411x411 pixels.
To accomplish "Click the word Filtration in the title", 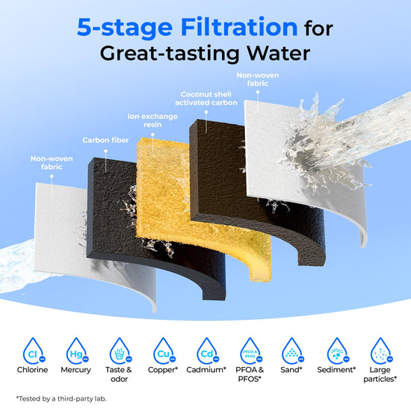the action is (x=239, y=27).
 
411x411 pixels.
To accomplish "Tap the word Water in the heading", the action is (x=279, y=54).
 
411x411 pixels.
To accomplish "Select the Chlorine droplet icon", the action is (x=34, y=350).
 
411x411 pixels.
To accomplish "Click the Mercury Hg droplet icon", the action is (x=77, y=350).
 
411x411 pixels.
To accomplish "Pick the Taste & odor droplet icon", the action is (x=120, y=350).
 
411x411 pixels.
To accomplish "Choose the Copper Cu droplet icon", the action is (x=164, y=350).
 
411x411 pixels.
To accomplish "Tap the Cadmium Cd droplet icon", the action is (x=208, y=350).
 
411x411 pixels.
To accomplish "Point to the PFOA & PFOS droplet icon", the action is (x=251, y=350).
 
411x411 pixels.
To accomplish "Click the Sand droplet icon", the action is (x=292, y=350).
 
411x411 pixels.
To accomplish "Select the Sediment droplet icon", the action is (x=338, y=350).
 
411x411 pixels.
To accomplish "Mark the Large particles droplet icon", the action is (x=381, y=350).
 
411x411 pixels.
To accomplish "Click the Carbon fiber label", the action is (x=105, y=140).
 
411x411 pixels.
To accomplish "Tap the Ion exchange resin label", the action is (x=152, y=120).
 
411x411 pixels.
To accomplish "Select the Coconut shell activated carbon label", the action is (x=206, y=99).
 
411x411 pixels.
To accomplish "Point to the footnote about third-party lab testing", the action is (x=61, y=399).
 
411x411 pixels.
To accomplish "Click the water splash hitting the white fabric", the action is (x=325, y=146).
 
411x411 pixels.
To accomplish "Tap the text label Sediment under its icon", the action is (x=336, y=370).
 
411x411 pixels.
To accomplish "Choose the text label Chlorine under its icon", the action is (x=32, y=370).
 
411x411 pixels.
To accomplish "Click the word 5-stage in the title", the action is (x=125, y=28).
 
